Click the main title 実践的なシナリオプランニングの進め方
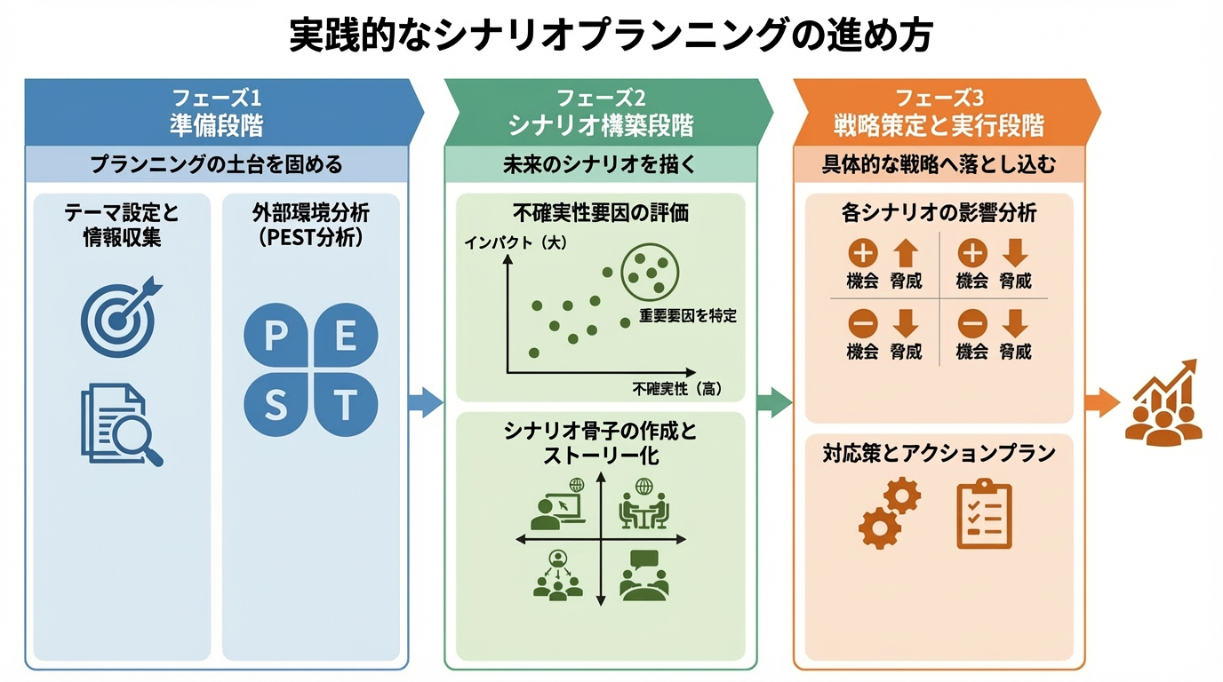pyautogui.click(x=611, y=37)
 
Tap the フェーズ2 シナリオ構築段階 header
pyautogui.click(x=600, y=112)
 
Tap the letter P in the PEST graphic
pyautogui.click(x=276, y=337)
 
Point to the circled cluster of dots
pyautogui.click(x=649, y=272)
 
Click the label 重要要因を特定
pyautogui.click(x=687, y=315)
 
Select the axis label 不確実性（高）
pyautogui.click(x=676, y=388)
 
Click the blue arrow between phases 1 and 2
pyautogui.click(x=426, y=402)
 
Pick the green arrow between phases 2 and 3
pyautogui.click(x=774, y=402)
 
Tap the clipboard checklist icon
pyautogui.click(x=984, y=514)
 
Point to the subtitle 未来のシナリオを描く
pyautogui.click(x=600, y=164)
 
